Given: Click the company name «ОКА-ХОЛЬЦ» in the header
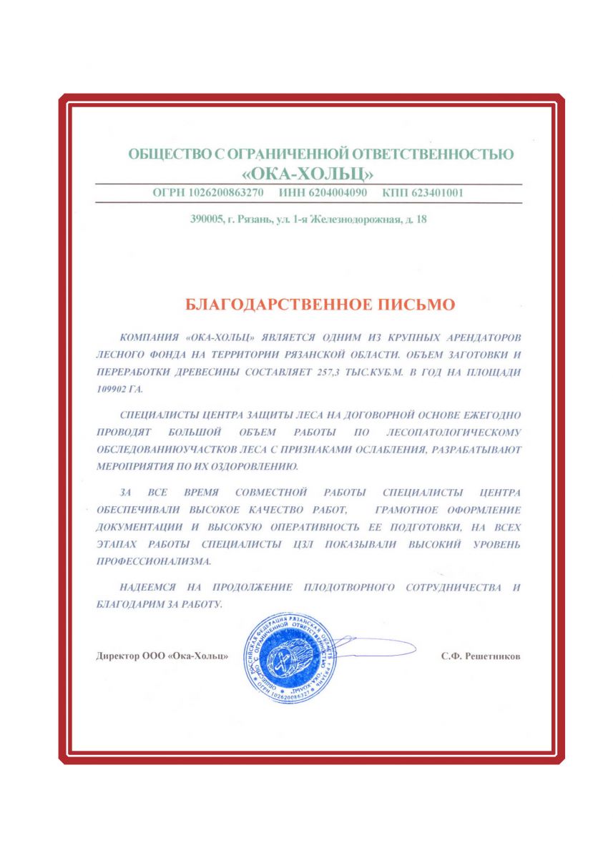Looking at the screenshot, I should point(308,174).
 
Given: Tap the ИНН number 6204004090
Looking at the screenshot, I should point(336,193).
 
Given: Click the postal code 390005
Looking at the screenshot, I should point(206,220).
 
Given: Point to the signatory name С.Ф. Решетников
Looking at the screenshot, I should point(481,656).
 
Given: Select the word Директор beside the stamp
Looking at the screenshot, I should point(117,656).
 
